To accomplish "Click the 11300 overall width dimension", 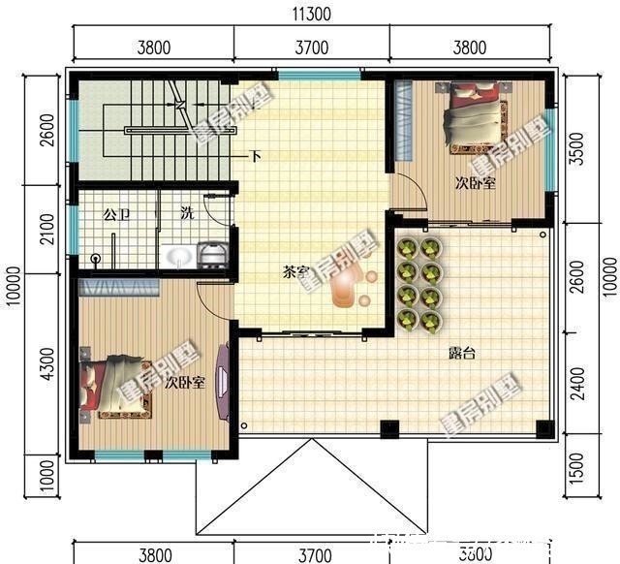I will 311,13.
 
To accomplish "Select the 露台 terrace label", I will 461,354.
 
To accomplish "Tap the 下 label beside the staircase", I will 256,155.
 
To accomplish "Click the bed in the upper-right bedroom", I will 475,116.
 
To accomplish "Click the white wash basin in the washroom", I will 179,257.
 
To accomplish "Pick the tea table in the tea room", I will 347,288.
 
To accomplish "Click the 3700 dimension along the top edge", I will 311,46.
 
